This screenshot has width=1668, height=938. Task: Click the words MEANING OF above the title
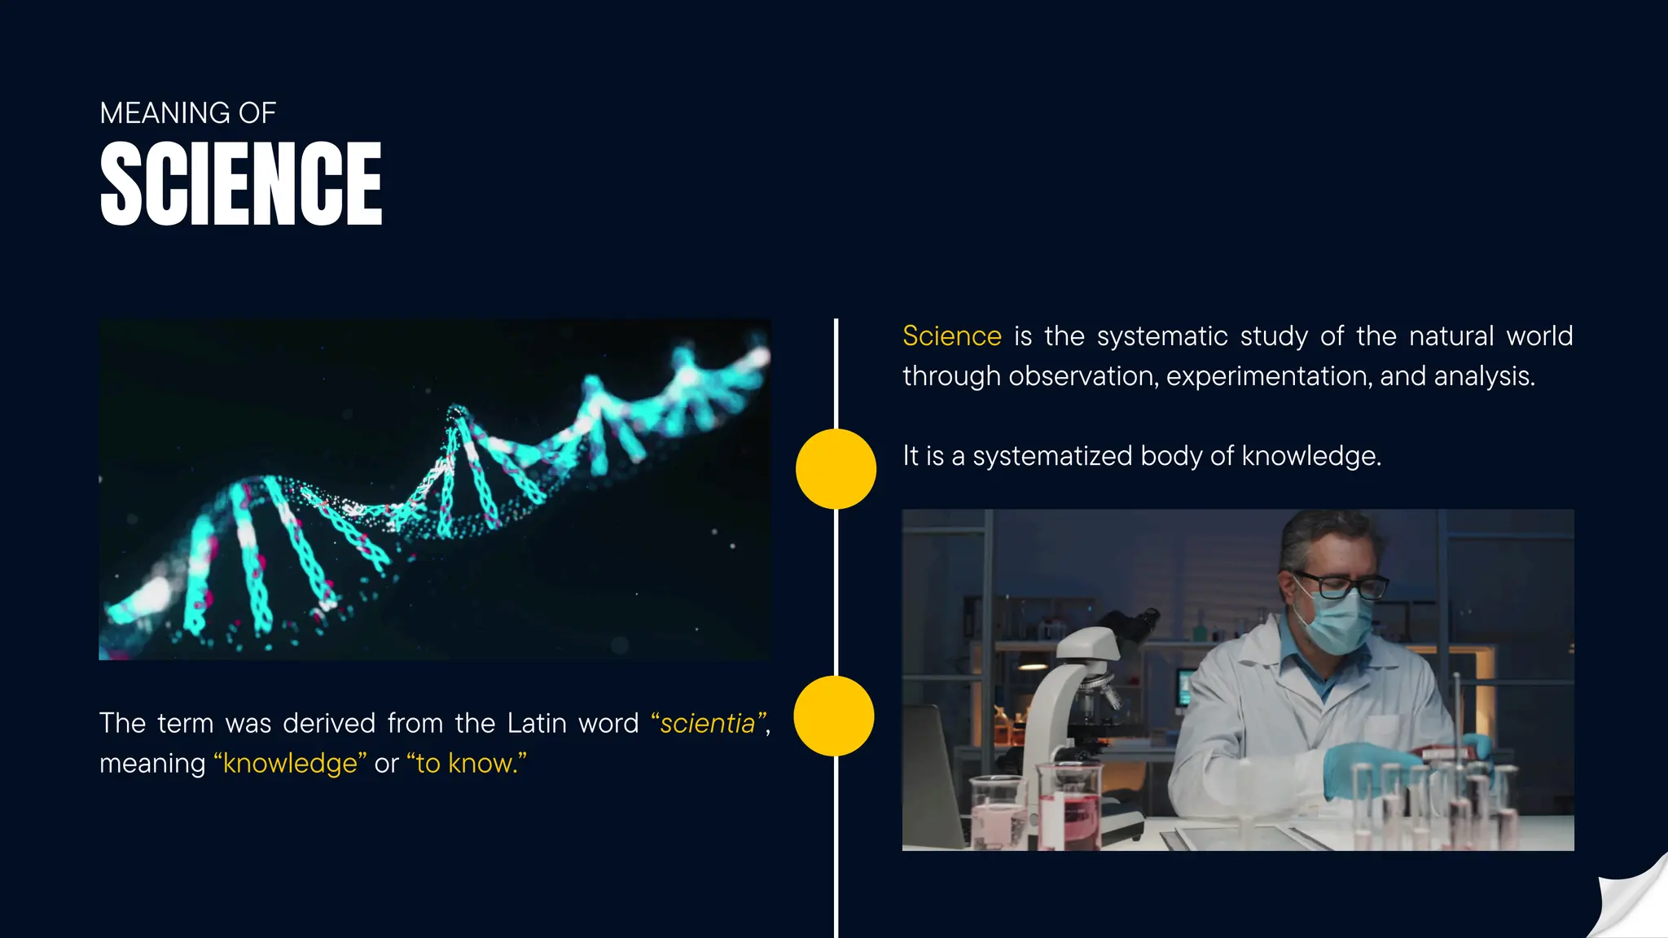point(187,113)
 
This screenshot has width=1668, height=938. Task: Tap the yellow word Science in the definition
point(951,336)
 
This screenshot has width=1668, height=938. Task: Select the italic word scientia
point(707,724)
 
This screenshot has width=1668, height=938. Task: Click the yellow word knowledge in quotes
point(290,764)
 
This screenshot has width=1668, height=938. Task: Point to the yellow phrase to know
point(466,764)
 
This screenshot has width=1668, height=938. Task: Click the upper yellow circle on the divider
point(836,469)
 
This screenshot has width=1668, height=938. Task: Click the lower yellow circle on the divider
point(834,716)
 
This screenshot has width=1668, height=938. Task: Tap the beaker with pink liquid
point(1069,806)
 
